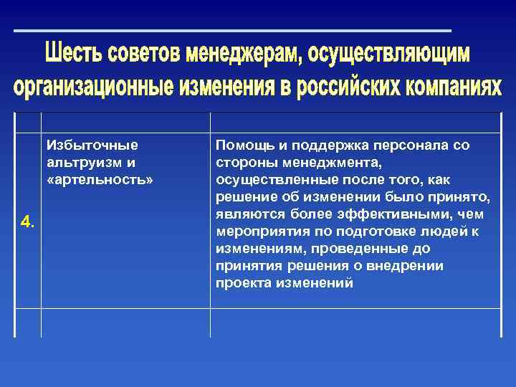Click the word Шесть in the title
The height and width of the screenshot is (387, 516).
[x=75, y=54]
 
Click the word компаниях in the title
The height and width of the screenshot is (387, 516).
[x=454, y=87]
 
